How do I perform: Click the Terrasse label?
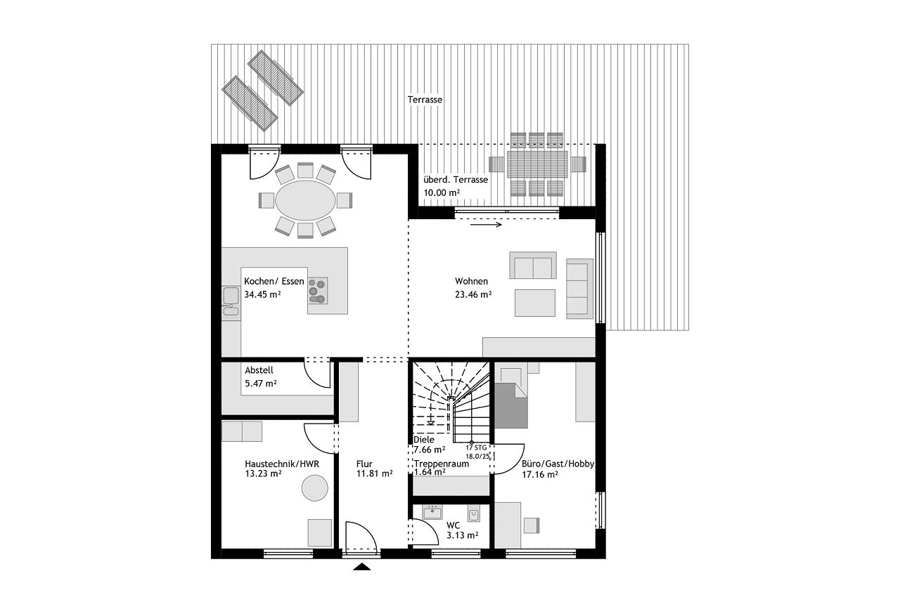425,100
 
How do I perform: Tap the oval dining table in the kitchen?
305,200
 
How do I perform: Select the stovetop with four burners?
318,290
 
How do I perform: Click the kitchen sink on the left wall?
231,301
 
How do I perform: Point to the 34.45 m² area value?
262,294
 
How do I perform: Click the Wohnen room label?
471,282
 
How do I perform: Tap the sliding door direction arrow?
486,225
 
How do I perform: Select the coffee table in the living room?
535,303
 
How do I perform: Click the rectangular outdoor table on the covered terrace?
538,164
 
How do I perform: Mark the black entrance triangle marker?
362,567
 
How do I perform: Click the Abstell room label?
259,370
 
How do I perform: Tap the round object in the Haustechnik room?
315,488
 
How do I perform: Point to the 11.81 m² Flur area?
374,473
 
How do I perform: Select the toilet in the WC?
474,515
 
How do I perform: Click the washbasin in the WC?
432,513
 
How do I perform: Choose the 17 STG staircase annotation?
477,447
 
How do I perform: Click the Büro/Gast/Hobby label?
558,464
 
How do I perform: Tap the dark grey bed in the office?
510,405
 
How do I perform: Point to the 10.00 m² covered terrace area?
442,192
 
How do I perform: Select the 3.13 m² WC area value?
462,535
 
